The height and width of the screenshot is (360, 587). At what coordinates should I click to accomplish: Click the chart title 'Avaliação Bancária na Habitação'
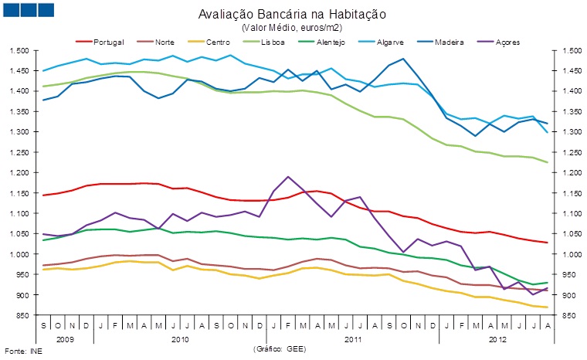tap(292, 14)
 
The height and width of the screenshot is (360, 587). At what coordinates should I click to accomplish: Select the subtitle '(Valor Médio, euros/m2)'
tap(292, 27)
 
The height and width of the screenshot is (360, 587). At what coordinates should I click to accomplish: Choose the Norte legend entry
tap(164, 40)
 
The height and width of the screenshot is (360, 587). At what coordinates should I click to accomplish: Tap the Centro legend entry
tap(216, 40)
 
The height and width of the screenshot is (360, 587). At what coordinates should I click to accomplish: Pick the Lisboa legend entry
tap(273, 40)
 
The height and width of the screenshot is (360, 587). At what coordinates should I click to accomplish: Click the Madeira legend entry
tap(448, 40)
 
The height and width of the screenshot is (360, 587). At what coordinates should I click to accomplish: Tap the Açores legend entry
tap(506, 40)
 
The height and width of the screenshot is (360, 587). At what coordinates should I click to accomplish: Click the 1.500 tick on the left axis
tap(19, 50)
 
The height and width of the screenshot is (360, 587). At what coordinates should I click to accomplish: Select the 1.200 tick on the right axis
tap(567, 172)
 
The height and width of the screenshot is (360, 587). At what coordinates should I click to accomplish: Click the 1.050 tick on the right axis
tap(567, 233)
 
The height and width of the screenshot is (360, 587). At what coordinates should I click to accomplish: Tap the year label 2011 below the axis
tap(352, 338)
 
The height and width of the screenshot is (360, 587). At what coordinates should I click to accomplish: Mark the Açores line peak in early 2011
tap(288, 177)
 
